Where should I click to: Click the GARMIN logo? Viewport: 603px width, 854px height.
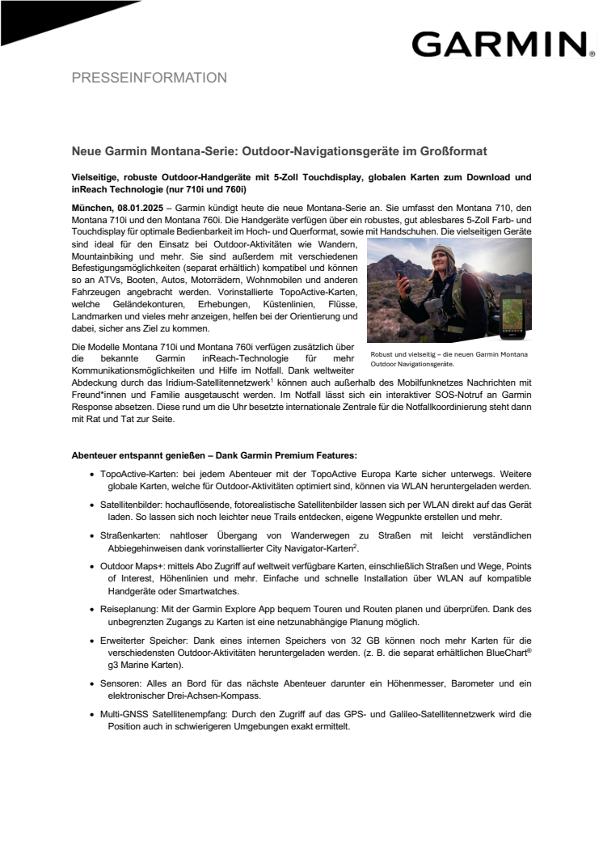tap(498, 44)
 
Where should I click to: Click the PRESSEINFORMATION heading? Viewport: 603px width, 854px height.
tap(149, 78)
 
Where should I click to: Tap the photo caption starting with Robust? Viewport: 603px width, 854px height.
tap(449, 359)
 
